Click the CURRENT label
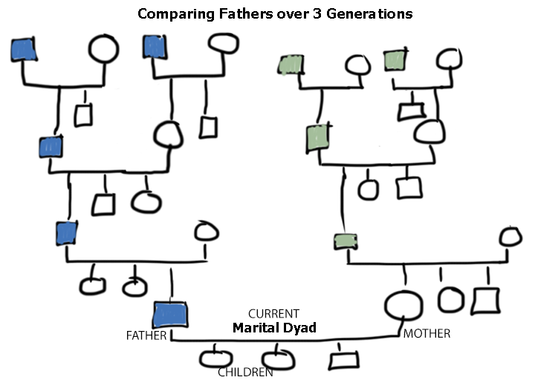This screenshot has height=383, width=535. tap(273, 314)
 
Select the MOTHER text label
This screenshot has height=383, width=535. tap(427, 334)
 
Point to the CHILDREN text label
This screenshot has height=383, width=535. tap(245, 372)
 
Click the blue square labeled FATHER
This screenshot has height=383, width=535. tap(170, 315)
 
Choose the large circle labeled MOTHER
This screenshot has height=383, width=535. tap(403, 306)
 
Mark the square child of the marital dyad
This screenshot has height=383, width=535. tap(340, 359)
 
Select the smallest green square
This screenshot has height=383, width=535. tap(346, 241)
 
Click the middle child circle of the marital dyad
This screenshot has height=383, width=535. tap(278, 358)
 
